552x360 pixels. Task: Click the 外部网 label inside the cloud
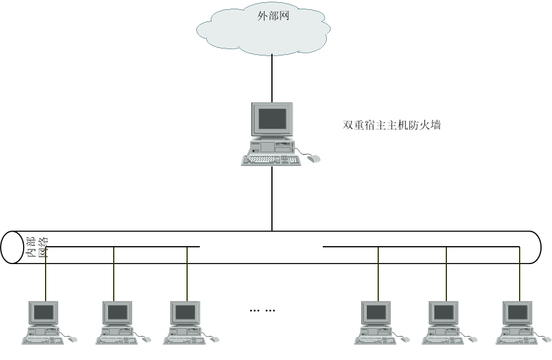coord(273,16)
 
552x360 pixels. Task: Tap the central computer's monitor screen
coord(272,118)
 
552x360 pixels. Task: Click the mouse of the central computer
coord(314,158)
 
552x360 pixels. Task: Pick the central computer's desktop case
coord(272,145)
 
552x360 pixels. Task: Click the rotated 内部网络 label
coord(38,247)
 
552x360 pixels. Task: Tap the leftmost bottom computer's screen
coord(44,313)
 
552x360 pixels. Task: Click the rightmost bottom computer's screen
coord(518,313)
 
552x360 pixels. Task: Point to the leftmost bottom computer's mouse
coord(73,339)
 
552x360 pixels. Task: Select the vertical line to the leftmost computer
coord(46,277)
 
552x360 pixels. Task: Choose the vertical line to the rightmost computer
coord(520,277)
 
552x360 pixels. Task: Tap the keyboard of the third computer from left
coord(184,340)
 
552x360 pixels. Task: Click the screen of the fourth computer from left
coord(376,313)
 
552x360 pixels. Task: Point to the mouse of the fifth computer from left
coord(473,339)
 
